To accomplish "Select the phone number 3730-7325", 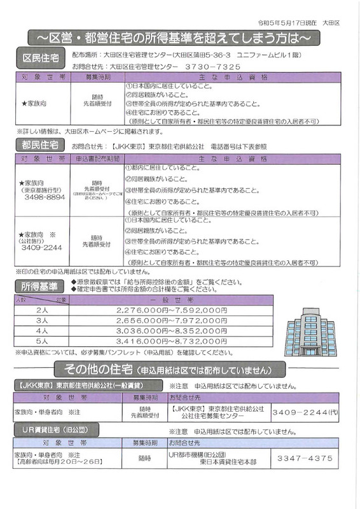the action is [x=209, y=66].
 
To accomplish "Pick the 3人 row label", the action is [x=43, y=320].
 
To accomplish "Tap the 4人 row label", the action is [x=43, y=331].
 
